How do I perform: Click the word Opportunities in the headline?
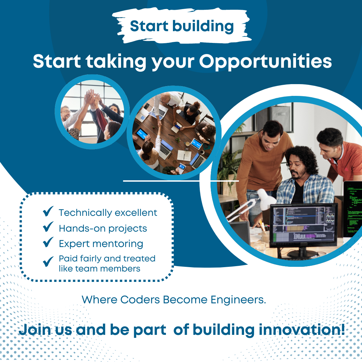tap(265, 62)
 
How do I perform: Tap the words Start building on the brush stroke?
tap(182, 26)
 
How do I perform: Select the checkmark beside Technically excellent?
tap(48, 211)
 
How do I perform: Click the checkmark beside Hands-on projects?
tap(48, 227)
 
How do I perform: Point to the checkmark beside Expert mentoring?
tap(48, 242)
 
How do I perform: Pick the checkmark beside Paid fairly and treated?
tap(48, 261)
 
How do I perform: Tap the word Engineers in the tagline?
tap(238, 300)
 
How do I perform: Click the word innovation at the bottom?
tap(302, 329)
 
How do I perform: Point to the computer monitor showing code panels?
tap(303, 226)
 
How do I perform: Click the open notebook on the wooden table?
tap(184, 156)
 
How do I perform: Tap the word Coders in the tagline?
tap(140, 300)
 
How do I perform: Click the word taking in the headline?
tap(116, 62)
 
